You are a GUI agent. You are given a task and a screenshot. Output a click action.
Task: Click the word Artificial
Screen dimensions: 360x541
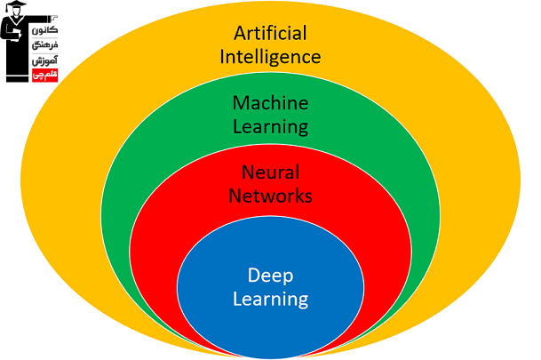270,34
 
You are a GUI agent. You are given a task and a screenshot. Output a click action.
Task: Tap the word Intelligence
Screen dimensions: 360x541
270,58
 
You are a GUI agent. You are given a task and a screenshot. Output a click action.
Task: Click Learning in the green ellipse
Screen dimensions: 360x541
270,127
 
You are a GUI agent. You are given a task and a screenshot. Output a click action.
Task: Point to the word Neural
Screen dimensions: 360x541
270,172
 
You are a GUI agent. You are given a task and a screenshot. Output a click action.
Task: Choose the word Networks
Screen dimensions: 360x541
270,195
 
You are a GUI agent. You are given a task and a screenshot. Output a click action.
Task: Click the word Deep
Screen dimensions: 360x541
270,275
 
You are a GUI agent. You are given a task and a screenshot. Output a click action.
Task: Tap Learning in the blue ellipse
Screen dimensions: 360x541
270,299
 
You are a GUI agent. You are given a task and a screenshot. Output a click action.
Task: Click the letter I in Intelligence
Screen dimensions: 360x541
223,58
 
